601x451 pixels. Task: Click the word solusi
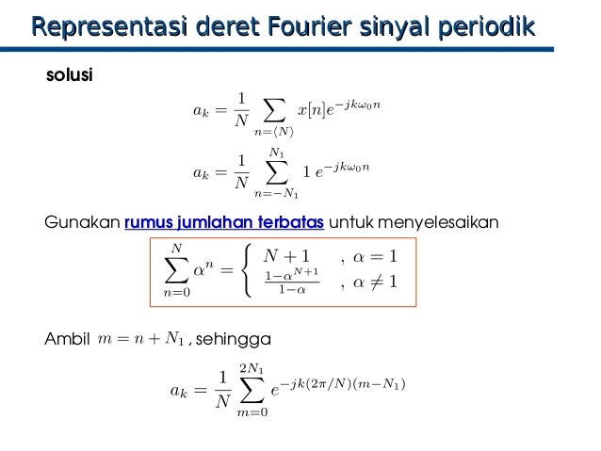pyautogui.click(x=70, y=75)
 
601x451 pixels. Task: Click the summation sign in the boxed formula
pyautogui.click(x=176, y=270)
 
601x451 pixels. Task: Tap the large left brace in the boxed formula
pyautogui.click(x=247, y=270)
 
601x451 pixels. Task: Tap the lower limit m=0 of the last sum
pyautogui.click(x=252, y=411)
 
